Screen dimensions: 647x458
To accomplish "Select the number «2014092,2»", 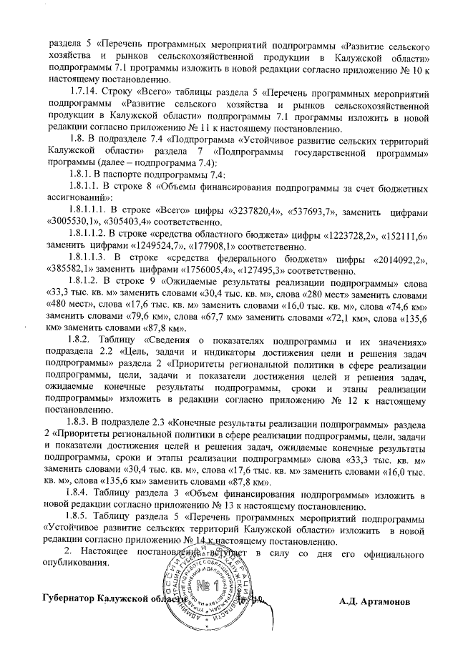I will pos(398,260).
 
